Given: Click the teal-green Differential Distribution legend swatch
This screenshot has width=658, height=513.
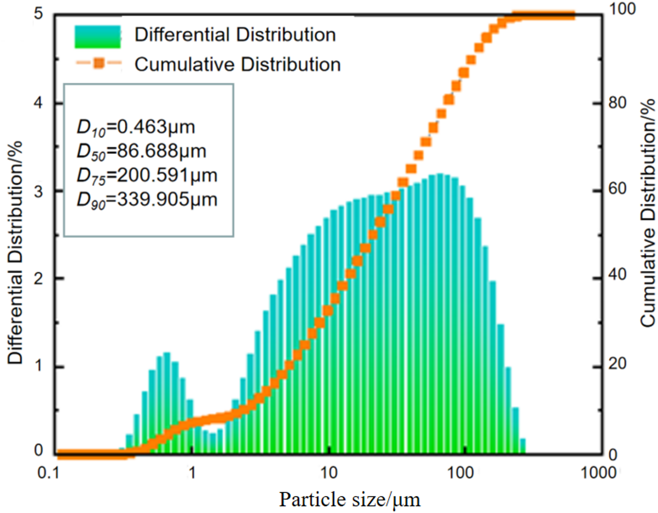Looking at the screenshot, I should tap(98, 37).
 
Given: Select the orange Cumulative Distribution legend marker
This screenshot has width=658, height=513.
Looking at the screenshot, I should tap(98, 63).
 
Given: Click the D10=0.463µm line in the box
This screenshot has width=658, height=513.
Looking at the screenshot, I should tap(136, 127).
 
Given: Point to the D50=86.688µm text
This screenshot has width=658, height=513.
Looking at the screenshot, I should tap(142, 152).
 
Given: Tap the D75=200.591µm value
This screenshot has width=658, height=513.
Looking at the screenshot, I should tap(147, 176).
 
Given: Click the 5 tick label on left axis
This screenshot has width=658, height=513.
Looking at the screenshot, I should tap(39, 14).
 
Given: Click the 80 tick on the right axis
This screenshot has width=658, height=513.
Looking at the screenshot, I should tap(617, 103).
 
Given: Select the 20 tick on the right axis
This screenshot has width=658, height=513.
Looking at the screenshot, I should tap(617, 363).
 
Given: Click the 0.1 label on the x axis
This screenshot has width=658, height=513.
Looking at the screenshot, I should tap(48, 473).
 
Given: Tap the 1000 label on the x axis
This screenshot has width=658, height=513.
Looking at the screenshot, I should tap(598, 473).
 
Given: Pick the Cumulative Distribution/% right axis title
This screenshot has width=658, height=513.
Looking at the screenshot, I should tap(648, 213).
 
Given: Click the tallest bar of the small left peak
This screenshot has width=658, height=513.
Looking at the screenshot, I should tap(167, 403).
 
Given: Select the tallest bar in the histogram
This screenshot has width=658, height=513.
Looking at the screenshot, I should tap(440, 311).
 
